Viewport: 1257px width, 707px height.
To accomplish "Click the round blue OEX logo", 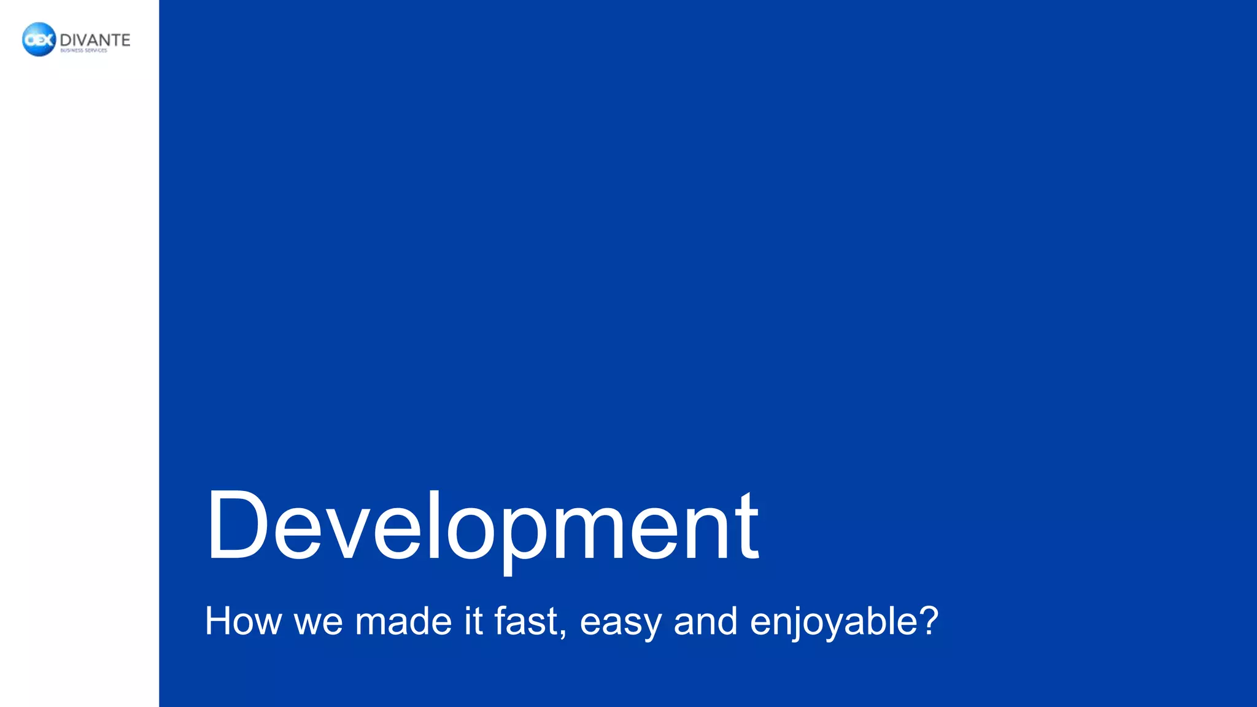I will [39, 40].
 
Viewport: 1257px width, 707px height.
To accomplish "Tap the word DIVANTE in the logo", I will [95, 40].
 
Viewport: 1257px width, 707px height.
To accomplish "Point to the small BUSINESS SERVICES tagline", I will [83, 51].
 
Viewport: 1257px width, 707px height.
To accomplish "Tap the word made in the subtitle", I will [403, 621].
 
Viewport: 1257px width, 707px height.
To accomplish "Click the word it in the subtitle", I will [473, 621].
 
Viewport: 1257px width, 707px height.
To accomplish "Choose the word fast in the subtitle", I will [526, 621].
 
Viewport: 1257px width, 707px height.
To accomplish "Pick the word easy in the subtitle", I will [621, 624].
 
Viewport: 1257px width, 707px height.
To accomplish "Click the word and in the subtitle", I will [705, 621].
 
